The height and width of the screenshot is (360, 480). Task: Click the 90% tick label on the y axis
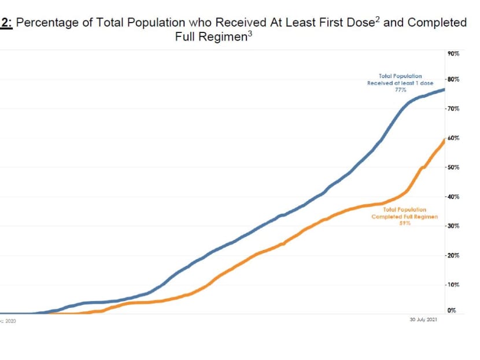click(x=453, y=53)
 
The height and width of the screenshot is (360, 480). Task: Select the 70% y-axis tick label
click(x=453, y=108)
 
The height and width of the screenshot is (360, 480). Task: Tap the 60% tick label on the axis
click(x=453, y=138)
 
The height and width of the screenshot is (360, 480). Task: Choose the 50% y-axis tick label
click(x=453, y=167)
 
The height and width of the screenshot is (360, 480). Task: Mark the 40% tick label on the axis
click(x=453, y=197)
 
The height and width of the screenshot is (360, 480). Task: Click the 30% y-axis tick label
click(x=453, y=226)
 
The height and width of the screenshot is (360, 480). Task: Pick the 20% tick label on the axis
click(x=453, y=255)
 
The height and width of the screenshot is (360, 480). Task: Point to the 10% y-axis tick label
click(x=453, y=285)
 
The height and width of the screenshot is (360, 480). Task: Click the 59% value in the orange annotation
click(x=405, y=223)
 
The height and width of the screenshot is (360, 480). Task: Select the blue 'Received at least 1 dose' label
click(x=400, y=83)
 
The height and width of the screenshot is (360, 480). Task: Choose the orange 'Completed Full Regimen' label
click(x=405, y=216)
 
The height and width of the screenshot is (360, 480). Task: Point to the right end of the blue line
click(x=444, y=89)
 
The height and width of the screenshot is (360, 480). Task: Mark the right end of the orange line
click(x=444, y=139)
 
